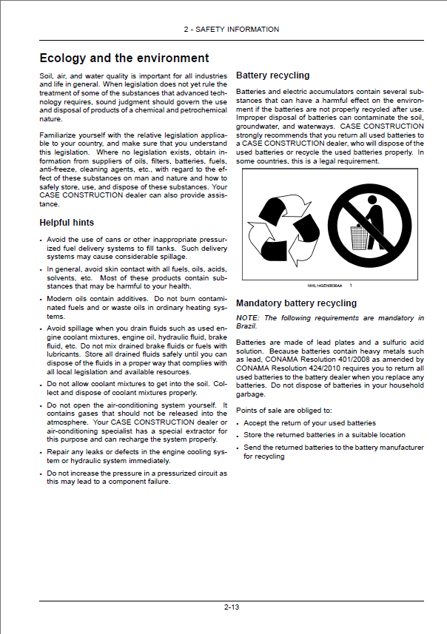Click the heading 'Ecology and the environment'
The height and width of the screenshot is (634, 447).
pos(124,58)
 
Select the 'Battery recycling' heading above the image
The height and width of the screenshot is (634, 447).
pos(272,75)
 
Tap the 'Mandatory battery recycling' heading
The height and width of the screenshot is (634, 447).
pos(296,303)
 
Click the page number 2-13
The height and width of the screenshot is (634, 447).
pos(231,607)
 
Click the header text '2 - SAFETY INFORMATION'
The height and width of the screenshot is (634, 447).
pos(231,30)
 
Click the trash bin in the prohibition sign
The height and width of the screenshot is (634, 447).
pos(358,237)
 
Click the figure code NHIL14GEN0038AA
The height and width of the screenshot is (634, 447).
pos(326,286)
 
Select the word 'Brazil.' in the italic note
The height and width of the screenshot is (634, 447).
pos(246,326)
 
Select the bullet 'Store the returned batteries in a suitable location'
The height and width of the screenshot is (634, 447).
pos(324,435)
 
